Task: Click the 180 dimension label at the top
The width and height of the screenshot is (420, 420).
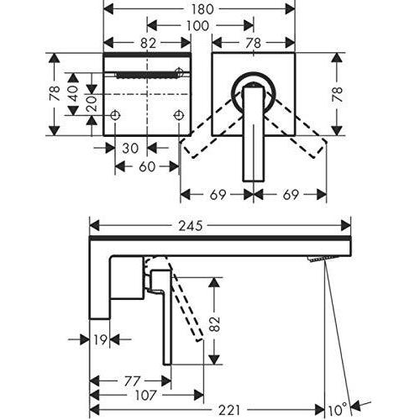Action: (x=202, y=9)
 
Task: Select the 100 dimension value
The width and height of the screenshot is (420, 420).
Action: (x=197, y=26)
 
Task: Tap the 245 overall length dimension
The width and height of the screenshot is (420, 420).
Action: (x=191, y=226)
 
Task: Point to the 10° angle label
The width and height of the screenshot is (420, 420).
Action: (x=338, y=410)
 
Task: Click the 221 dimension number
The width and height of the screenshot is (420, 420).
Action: (x=229, y=411)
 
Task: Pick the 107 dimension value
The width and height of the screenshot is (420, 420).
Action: (x=145, y=396)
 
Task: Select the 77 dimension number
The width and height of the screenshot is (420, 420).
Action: (x=132, y=381)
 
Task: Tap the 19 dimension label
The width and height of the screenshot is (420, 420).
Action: (x=100, y=339)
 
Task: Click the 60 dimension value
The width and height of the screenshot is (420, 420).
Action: (x=147, y=167)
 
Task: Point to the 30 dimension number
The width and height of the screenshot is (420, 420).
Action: (x=130, y=148)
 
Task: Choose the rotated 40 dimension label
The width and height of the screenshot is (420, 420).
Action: (x=72, y=93)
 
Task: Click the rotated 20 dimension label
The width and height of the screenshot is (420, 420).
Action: (x=92, y=103)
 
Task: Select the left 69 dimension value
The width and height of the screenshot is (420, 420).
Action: (x=218, y=195)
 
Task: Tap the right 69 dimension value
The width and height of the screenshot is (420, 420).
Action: (x=290, y=195)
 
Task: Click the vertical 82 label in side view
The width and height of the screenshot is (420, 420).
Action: (x=215, y=324)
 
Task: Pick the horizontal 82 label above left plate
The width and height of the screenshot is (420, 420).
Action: (x=148, y=43)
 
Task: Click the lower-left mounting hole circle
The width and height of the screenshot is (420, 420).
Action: (x=115, y=115)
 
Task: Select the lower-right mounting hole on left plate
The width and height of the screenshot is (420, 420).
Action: (x=179, y=115)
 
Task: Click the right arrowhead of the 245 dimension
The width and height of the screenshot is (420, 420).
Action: (x=346, y=226)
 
